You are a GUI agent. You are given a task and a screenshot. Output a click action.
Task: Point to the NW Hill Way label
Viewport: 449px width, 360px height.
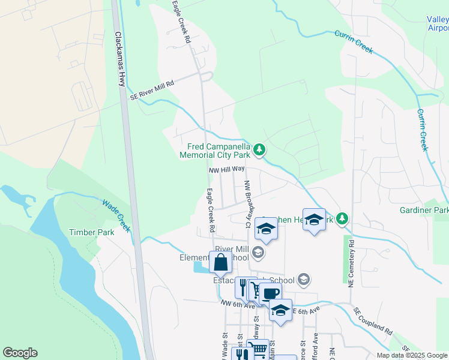pos(227,170)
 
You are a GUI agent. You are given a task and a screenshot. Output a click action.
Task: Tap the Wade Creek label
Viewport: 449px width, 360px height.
pos(116,215)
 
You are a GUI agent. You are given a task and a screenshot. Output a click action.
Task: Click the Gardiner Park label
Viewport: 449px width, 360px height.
pos(424,211)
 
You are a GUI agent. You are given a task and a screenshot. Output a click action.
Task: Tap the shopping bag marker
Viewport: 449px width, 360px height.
pos(220,262)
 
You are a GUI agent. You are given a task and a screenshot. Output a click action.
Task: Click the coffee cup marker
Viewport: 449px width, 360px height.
pos(271,293)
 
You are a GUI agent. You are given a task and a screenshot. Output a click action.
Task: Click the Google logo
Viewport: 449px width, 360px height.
pos(20,353)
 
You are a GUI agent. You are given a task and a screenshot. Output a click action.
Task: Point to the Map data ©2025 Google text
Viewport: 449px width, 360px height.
pos(412,355)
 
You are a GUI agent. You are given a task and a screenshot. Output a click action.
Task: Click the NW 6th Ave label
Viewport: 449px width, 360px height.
pos(234,305)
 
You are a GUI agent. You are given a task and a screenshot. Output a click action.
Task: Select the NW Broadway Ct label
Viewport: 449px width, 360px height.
pos(247,204)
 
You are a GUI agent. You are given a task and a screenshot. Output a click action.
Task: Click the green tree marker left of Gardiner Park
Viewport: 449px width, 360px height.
pos(342,218)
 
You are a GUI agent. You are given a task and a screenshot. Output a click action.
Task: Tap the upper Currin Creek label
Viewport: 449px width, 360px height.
pos(354,42)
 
